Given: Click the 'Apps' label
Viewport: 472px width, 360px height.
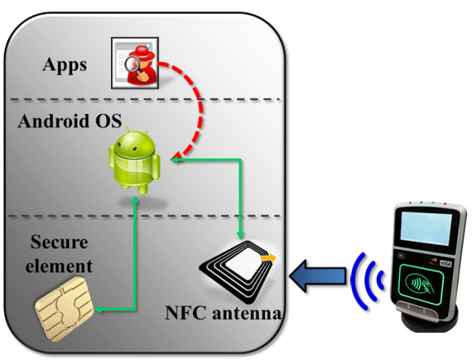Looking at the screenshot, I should click(64, 64).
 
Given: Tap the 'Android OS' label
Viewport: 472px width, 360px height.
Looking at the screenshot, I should click(69, 120).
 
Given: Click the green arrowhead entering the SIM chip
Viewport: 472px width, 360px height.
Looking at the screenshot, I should click(100, 312).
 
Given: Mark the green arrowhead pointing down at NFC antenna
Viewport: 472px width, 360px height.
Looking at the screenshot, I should click(240, 234).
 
